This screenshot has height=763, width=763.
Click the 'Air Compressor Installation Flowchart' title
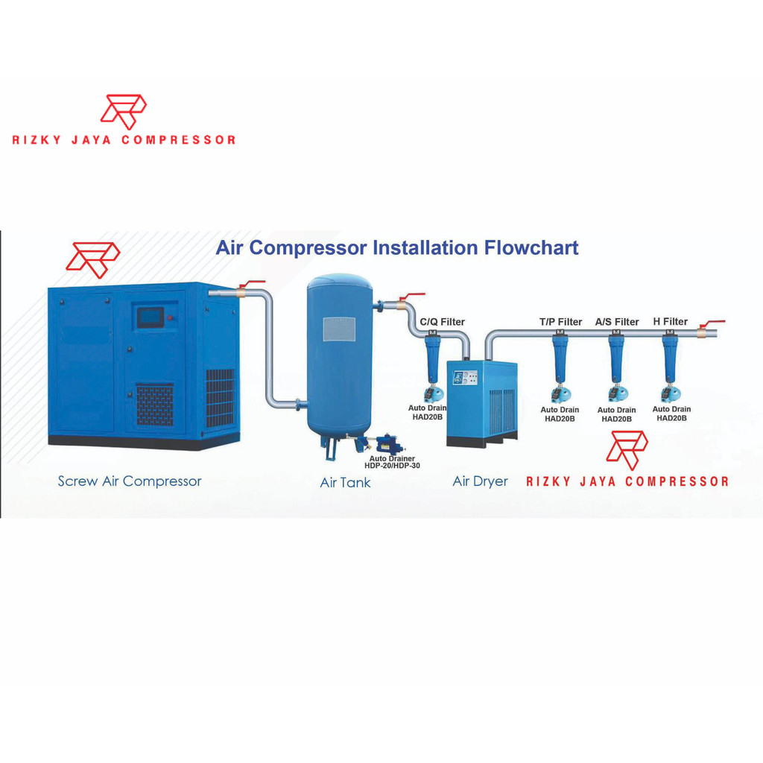click(396, 248)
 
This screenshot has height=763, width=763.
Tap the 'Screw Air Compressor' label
click(130, 481)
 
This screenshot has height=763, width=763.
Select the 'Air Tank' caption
click(345, 483)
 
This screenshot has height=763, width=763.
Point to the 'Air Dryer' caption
click(480, 481)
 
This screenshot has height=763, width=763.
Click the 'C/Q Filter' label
click(442, 322)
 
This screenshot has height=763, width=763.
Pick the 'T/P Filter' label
click(560, 322)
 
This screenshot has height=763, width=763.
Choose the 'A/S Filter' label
click(616, 322)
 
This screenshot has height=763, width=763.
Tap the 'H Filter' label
click(670, 322)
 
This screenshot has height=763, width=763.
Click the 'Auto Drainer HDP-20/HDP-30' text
click(392, 462)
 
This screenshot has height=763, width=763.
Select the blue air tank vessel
click(339, 358)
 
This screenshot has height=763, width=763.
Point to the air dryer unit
click(481, 402)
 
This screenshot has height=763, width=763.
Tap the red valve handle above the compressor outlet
click(252, 284)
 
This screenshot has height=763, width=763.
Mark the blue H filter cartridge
click(670, 359)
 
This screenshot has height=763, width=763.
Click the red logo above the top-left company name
click(123, 111)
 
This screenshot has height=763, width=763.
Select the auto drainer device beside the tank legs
click(386, 444)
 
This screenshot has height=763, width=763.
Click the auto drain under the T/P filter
click(560, 394)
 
